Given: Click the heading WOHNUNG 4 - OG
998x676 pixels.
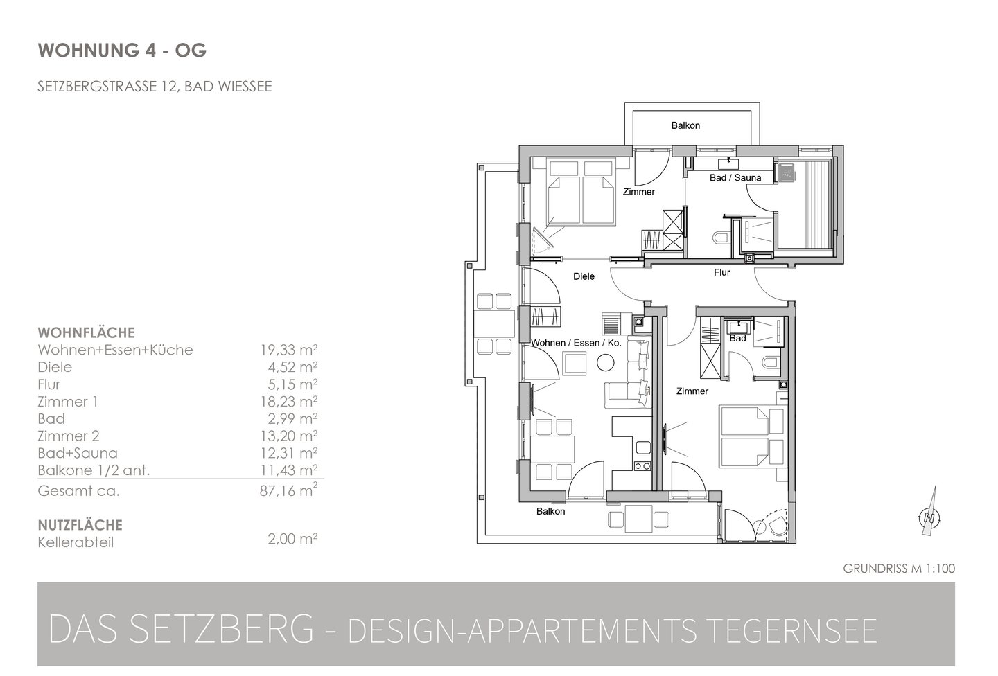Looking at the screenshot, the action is click(122, 51).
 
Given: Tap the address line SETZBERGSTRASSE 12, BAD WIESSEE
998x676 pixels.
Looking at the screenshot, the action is click(155, 87).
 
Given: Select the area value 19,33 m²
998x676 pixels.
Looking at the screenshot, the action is click(289, 350).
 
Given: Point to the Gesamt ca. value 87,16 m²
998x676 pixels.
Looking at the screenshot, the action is click(289, 491).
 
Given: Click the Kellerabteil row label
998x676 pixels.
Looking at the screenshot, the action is click(76, 543).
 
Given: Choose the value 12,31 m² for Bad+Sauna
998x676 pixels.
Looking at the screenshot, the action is click(289, 453).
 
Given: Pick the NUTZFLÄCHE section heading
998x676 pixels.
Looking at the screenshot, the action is click(80, 525).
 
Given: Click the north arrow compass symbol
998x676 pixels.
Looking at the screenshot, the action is click(930, 517).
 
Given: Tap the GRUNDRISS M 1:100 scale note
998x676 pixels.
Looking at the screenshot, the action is click(899, 569).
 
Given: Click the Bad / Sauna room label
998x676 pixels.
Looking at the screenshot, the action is click(735, 178).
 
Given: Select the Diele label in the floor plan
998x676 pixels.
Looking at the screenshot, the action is click(584, 276).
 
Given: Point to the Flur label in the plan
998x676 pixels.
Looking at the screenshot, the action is click(721, 272).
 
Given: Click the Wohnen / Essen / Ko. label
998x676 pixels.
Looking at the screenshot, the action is click(576, 343).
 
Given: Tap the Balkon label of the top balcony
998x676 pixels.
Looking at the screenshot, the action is click(685, 125).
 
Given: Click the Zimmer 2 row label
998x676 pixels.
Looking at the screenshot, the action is click(69, 436).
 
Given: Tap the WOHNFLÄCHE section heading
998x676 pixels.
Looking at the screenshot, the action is click(86, 332).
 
